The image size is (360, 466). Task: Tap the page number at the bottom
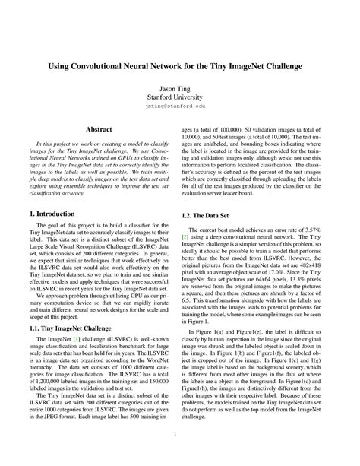pos(180,434)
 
